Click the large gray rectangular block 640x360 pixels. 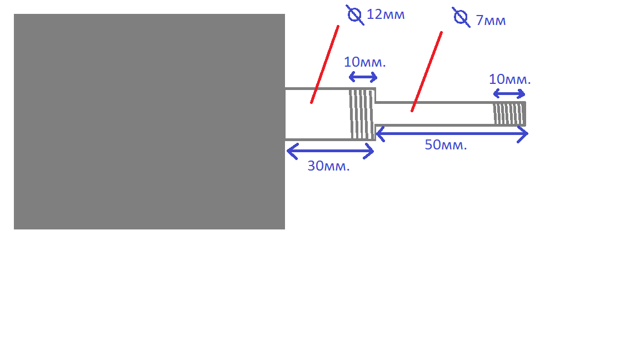(x=149, y=122)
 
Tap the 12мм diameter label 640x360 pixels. (x=386, y=14)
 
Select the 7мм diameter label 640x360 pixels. (x=491, y=21)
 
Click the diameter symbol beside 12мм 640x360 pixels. (x=354, y=15)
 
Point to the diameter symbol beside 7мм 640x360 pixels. (x=461, y=18)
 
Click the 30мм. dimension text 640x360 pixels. (x=328, y=166)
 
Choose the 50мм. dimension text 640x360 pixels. (x=446, y=145)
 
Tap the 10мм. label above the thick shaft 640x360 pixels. (x=365, y=62)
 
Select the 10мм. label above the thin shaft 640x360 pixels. (x=510, y=79)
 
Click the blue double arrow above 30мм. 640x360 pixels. (x=330, y=151)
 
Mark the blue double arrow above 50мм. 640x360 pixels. (x=452, y=134)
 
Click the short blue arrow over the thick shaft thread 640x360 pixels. (x=363, y=77)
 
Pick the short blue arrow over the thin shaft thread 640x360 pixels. (x=509, y=94)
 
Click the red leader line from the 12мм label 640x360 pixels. (x=325, y=64)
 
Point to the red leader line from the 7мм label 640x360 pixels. (x=427, y=72)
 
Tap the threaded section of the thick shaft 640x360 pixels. (x=362, y=114)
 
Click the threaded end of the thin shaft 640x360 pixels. (x=509, y=114)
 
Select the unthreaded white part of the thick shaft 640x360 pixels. (x=317, y=114)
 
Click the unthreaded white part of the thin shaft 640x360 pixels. (x=434, y=114)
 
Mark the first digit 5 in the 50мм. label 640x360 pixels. (x=428, y=145)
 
